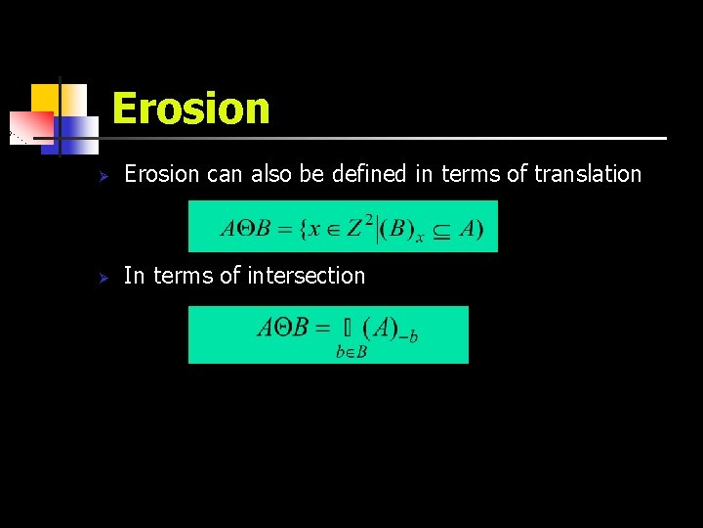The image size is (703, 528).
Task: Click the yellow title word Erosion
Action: coord(190,108)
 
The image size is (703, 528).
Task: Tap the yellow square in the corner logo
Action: coord(43,98)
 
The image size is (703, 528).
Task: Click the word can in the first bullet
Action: coord(225,174)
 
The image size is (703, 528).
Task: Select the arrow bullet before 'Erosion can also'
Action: coord(98,176)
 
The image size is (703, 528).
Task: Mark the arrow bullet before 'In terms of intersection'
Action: coord(98,278)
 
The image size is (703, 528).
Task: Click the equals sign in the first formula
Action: coord(283,230)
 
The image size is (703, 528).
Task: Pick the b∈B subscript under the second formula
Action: coord(351,352)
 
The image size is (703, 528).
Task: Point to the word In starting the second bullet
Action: coord(134,276)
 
